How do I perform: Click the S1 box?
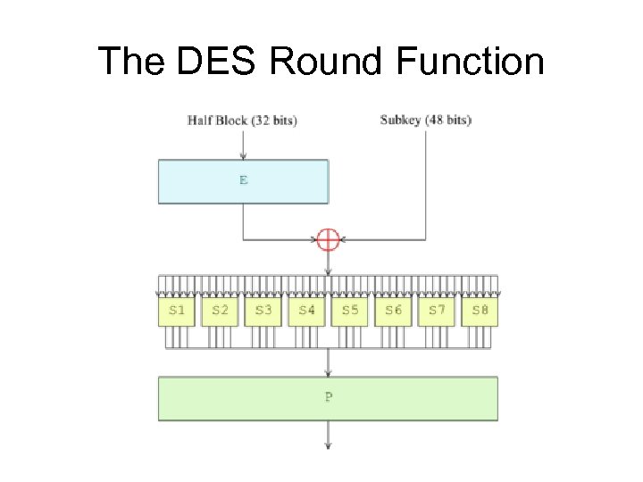pyautogui.click(x=177, y=311)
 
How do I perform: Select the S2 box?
pyautogui.click(x=220, y=311)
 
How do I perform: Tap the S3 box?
pyautogui.click(x=263, y=311)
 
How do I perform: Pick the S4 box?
pyautogui.click(x=306, y=311)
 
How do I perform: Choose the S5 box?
pyautogui.click(x=350, y=311)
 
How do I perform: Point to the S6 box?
pyautogui.click(x=393, y=311)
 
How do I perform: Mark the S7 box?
pyautogui.click(x=437, y=311)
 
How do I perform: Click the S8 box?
pyautogui.click(x=480, y=311)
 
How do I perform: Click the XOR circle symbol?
pyautogui.click(x=329, y=239)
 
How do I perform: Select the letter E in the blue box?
pyautogui.click(x=243, y=180)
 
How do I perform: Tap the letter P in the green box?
pyautogui.click(x=329, y=398)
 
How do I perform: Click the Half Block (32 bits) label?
pyautogui.click(x=242, y=120)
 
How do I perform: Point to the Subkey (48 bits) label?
pyautogui.click(x=425, y=120)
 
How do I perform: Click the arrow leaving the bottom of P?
pyautogui.click(x=329, y=435)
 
